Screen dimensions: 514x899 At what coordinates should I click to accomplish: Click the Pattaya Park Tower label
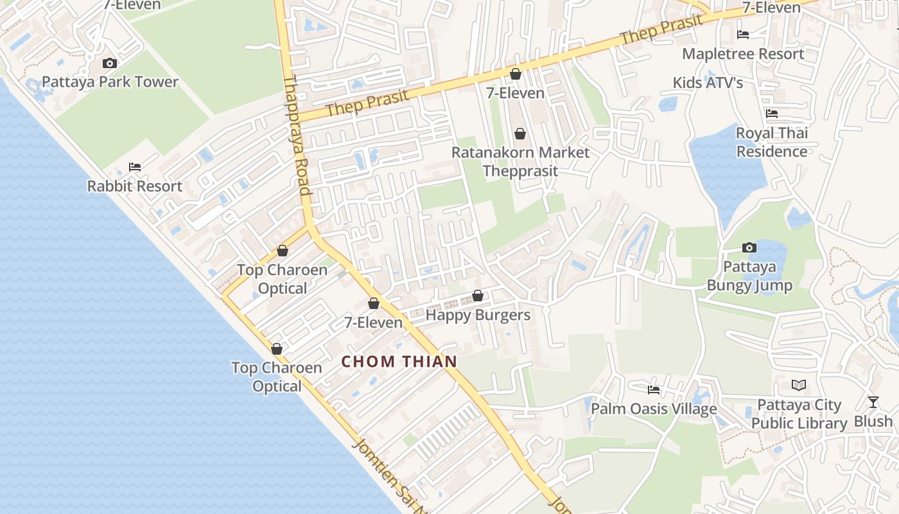tap(110, 82)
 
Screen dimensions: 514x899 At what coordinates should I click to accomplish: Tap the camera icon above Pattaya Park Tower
tap(110, 63)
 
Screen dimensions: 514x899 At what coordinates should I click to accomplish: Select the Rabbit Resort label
tap(135, 186)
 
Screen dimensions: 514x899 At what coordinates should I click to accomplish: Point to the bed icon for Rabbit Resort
tap(135, 167)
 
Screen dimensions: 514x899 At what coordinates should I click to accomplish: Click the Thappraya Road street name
tap(297, 135)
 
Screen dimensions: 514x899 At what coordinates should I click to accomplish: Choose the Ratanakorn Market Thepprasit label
tap(520, 162)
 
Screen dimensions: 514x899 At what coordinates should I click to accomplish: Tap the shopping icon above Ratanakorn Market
tap(520, 134)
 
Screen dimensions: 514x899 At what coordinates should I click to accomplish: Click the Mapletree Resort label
tap(743, 54)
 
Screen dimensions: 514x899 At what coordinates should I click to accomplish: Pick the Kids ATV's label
tap(708, 83)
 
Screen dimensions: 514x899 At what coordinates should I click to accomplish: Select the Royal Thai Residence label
tap(772, 143)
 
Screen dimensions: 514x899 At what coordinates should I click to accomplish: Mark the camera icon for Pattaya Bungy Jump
tap(749, 247)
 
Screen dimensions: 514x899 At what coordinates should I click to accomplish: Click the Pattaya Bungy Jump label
tap(749, 276)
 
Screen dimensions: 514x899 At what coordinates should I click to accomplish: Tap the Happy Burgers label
tap(478, 315)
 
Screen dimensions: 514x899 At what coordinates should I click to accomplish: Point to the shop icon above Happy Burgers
tap(478, 296)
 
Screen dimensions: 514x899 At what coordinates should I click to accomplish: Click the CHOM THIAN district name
tap(399, 362)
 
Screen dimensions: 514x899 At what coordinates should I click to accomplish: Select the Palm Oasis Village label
tap(654, 409)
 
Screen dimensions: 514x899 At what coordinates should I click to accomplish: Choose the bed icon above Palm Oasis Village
tap(654, 389)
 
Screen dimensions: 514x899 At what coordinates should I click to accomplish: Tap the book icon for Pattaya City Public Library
tap(799, 385)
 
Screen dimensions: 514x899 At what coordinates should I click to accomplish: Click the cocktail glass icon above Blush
tap(873, 402)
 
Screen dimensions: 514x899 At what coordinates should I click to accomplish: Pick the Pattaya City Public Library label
tap(799, 414)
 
